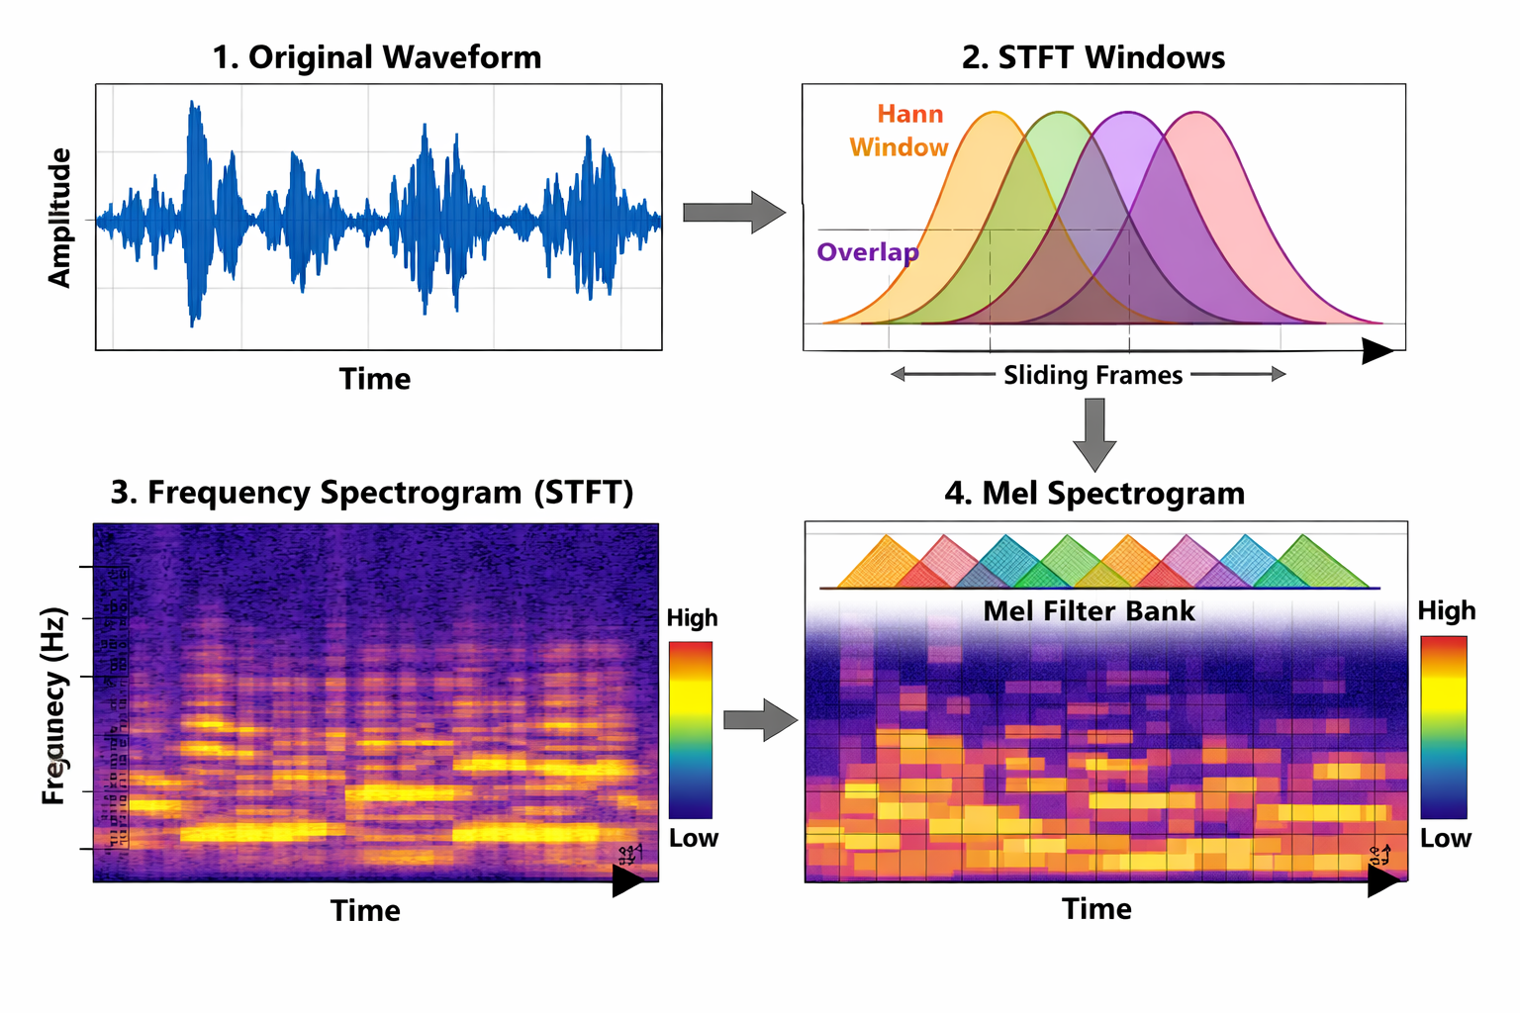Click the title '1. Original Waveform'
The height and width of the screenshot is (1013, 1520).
[x=377, y=57]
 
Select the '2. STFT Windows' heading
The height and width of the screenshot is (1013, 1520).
[x=1092, y=57]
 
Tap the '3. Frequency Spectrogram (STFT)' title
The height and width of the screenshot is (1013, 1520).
[x=372, y=492]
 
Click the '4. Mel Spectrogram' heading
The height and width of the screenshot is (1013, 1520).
[x=1094, y=493]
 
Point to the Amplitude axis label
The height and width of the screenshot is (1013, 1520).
[x=60, y=218]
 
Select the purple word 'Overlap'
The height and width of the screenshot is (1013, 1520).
[x=867, y=252]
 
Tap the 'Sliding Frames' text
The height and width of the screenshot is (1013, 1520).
[x=1092, y=375]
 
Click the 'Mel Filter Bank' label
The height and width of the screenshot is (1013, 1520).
[x=1089, y=611]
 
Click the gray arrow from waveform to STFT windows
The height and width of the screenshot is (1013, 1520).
[x=733, y=213]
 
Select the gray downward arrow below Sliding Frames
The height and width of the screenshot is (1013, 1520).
[x=1093, y=433]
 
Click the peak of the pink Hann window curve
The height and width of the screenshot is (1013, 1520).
[x=1197, y=114]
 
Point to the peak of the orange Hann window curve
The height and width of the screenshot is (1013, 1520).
[x=995, y=114]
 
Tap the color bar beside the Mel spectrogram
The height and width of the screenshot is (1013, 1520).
[x=1443, y=727]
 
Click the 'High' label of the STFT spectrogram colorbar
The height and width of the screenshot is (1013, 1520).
[x=692, y=618]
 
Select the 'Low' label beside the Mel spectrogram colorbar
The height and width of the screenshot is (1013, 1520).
[x=1445, y=839]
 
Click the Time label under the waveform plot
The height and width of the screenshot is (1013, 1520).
[x=375, y=379]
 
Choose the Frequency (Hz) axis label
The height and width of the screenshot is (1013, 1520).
[x=54, y=705]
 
